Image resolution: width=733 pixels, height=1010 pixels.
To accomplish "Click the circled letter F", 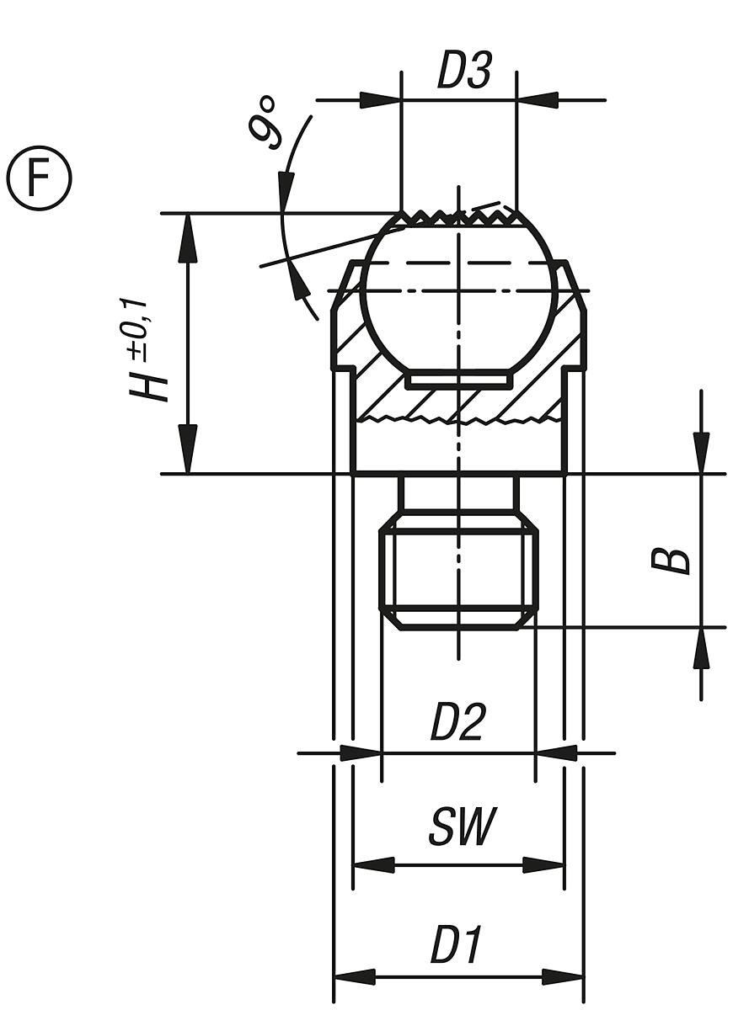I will click(x=40, y=178).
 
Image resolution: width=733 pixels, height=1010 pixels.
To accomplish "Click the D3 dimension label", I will click(x=463, y=72).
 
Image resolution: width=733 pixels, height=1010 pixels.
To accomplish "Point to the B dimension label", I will click(x=671, y=561).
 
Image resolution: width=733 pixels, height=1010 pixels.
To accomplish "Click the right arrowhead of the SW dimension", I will click(x=544, y=864).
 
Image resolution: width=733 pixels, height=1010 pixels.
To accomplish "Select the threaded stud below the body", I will click(x=459, y=572).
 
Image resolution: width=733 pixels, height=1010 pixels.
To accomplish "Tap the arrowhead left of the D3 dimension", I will click(x=380, y=100).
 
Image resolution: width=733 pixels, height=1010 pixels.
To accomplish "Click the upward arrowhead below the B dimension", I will click(x=701, y=649).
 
